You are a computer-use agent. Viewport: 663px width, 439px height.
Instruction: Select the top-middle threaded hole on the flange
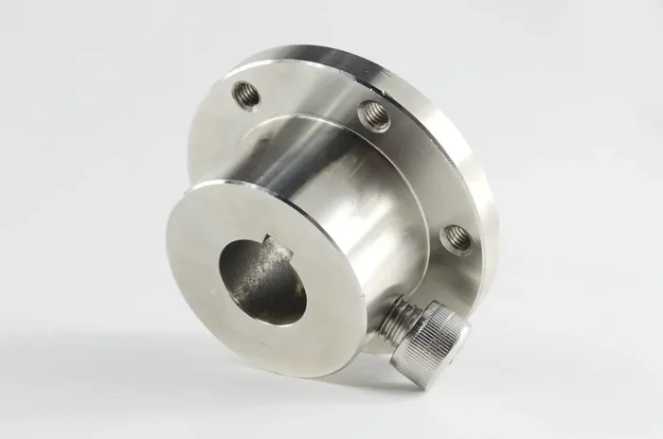point(373,115)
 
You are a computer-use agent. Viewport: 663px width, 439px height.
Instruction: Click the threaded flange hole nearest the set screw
point(456,237)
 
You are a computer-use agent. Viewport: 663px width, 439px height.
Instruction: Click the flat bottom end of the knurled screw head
point(431,377)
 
